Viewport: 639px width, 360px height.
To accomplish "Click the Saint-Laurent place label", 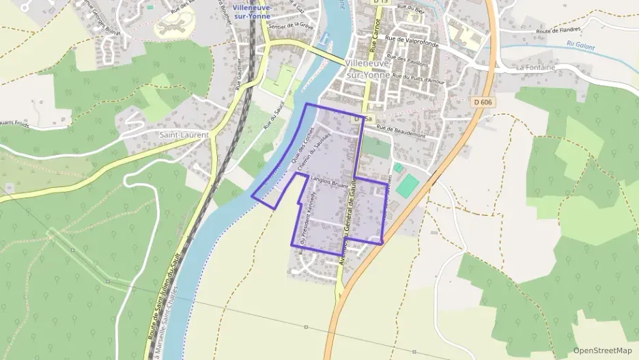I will pos(184,135).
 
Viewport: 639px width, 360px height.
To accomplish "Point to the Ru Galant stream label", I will pos(580,47).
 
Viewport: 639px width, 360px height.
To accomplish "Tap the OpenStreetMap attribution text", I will pos(602,350).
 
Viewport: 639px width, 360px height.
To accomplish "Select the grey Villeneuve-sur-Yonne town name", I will pos(368,68).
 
